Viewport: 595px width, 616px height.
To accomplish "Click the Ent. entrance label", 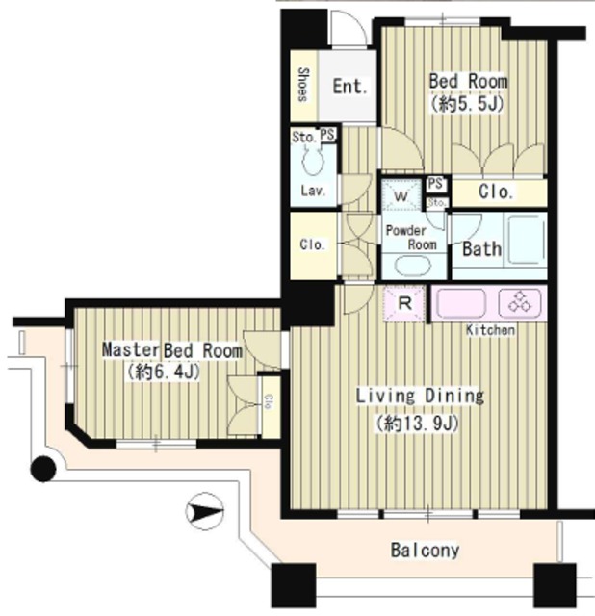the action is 350,86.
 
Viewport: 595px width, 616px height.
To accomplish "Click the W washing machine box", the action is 401,195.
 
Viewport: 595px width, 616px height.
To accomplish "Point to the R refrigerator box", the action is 404,304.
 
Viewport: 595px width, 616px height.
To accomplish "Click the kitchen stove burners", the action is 520,302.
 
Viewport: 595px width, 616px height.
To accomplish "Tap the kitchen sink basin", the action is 461,303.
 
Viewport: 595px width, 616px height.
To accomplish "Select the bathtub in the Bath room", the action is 526,240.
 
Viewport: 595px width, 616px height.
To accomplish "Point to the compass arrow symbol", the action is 204,512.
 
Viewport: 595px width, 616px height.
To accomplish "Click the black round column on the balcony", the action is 43,469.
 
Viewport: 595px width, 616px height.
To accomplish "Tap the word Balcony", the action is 425,550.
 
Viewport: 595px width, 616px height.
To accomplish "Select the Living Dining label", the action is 420,396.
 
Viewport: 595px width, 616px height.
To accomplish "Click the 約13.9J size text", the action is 417,423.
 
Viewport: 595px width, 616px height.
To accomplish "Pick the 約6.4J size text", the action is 163,372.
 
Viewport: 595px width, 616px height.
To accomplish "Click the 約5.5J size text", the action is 467,104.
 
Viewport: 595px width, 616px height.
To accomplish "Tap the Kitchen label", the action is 490,329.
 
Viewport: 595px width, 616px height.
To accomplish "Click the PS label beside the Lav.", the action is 327,135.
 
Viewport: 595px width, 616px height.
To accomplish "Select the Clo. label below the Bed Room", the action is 496,192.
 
